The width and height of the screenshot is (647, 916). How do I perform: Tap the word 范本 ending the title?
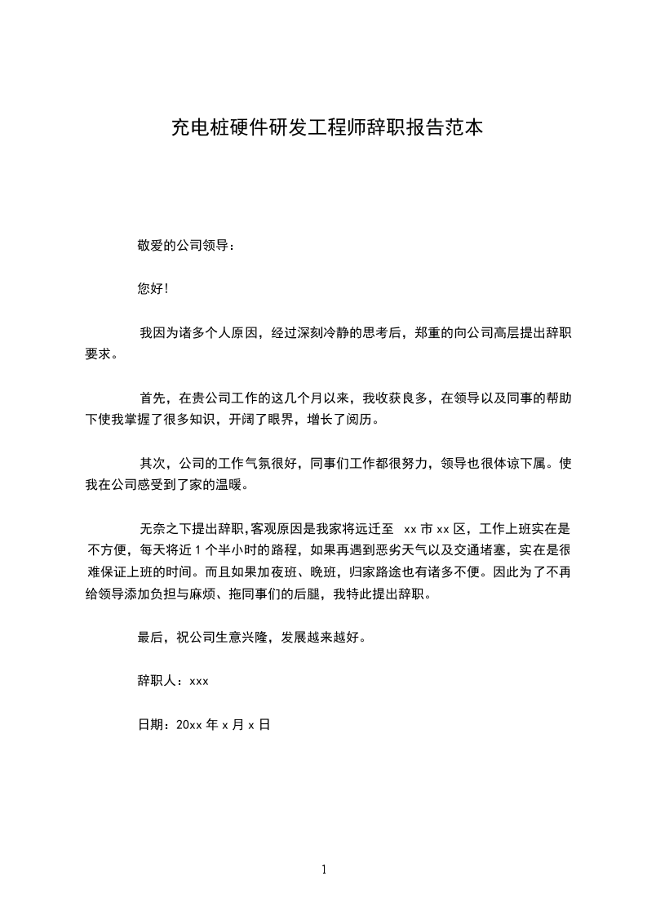(x=468, y=128)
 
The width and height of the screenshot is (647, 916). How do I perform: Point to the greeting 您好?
(x=151, y=289)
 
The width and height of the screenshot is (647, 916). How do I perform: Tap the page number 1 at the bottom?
(x=324, y=869)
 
